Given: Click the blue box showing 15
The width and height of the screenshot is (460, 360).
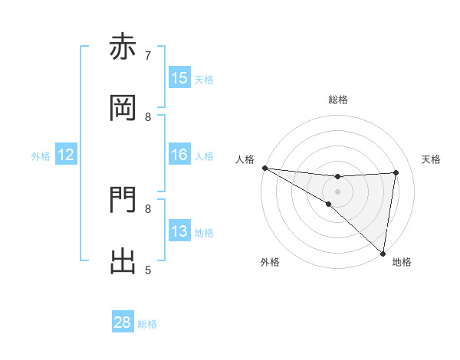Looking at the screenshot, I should tap(179, 78).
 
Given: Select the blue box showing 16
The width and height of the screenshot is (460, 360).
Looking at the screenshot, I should tap(179, 155).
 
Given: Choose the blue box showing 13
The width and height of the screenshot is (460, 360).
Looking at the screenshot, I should tap(179, 231).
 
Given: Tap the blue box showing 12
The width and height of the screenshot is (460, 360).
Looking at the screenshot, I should tap(66, 155).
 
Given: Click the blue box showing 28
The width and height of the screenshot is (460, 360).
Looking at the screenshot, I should tap(123, 322).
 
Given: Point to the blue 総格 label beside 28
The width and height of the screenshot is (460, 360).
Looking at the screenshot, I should tap(148, 324).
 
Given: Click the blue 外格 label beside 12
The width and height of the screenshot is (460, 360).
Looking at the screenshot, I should tap(41, 156).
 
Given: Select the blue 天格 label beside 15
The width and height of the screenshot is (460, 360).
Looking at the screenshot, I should tap(204, 80).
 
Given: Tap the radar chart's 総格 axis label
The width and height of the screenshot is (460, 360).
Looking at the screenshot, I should tap(338, 100).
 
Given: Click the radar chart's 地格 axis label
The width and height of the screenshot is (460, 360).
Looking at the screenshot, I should tap(402, 262).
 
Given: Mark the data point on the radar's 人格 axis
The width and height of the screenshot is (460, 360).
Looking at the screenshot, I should tap(264, 168).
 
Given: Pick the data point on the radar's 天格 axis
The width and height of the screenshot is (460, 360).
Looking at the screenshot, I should tap(396, 172).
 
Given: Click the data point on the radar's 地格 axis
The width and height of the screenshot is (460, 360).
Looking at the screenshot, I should tap(383, 254).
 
